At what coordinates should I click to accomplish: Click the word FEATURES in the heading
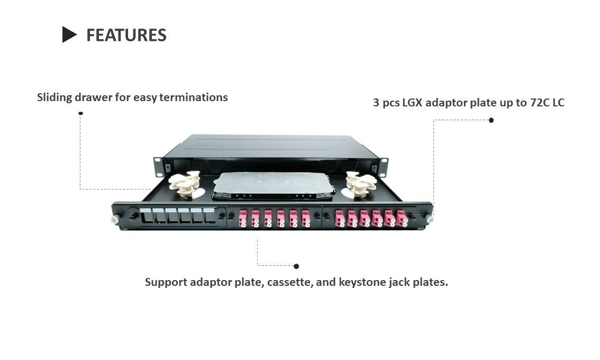pyautogui.click(x=126, y=35)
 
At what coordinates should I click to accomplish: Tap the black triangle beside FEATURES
pyautogui.click(x=69, y=35)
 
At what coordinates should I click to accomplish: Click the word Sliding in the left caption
pyautogui.click(x=55, y=97)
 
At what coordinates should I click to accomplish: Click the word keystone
pyautogui.click(x=362, y=282)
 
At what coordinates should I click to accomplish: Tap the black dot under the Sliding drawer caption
pyautogui.click(x=80, y=113)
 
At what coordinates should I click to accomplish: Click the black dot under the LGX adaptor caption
pyautogui.click(x=491, y=120)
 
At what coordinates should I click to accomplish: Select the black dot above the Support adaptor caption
pyautogui.click(x=296, y=266)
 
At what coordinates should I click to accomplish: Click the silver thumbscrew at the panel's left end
pyautogui.click(x=113, y=220)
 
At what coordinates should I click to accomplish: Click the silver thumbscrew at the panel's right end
pyautogui.click(x=430, y=219)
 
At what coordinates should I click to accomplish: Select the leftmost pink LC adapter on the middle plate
pyautogui.click(x=242, y=218)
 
